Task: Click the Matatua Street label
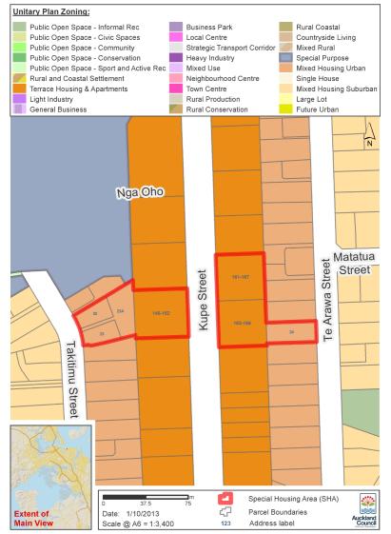[355, 263]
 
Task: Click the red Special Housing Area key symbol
[225, 497]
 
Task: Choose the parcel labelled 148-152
[160, 311]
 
